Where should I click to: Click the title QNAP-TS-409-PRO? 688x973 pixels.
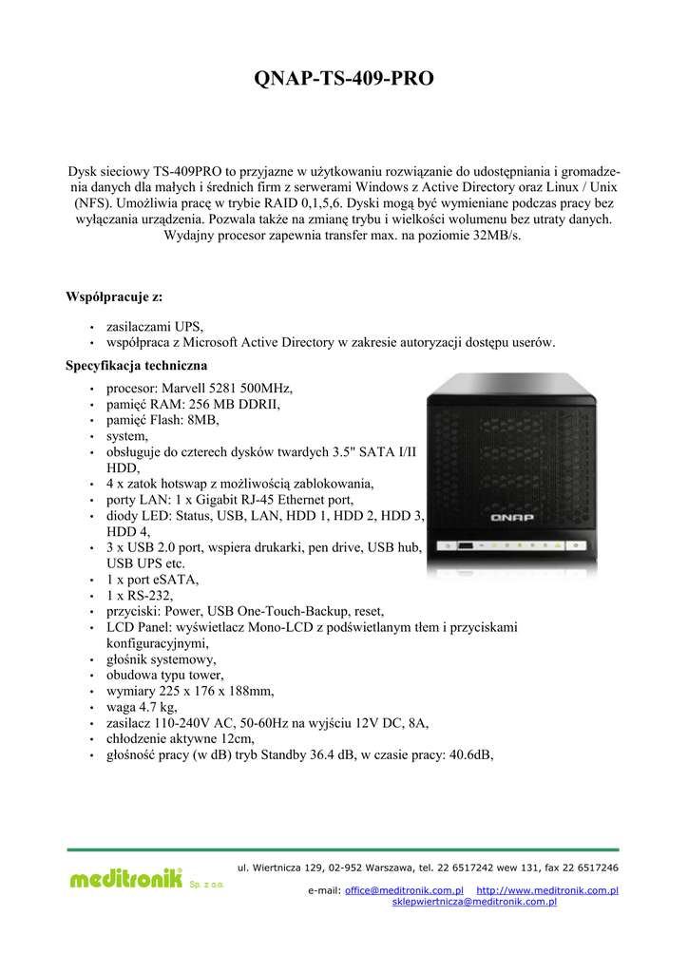pos(344,79)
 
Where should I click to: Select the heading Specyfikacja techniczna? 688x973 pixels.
pos(137,365)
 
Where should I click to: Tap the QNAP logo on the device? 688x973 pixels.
pos(511,518)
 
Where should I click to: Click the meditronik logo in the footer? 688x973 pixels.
pos(125,879)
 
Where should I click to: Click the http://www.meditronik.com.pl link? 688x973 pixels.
pos(546,890)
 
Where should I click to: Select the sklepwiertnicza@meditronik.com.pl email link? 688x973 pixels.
pos(474,902)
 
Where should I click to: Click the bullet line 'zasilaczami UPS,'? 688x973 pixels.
pos(155,326)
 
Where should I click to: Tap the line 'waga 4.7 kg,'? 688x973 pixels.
pos(142,707)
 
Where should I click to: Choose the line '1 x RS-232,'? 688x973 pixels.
pos(139,595)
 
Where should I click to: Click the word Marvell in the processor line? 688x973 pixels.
pos(190,388)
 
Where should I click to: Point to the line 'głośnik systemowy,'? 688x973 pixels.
pos(161,658)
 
